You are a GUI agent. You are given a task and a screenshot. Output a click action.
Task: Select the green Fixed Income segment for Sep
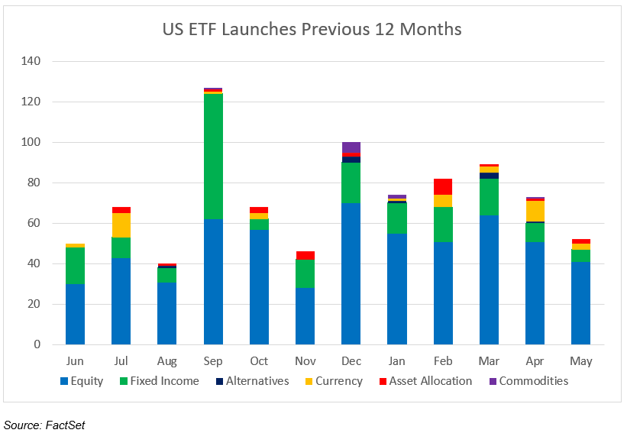coord(213,157)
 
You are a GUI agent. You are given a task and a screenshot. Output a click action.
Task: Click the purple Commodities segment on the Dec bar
coord(351,147)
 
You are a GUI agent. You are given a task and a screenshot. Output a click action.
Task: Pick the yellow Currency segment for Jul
coord(121,225)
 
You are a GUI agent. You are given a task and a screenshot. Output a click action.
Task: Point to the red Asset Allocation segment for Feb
coord(443,186)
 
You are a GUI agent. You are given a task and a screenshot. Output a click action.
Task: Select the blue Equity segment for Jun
coord(75,314)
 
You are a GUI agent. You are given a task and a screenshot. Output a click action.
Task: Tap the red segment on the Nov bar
coord(305,255)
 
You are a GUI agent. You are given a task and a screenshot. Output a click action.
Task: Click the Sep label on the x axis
coord(213,361)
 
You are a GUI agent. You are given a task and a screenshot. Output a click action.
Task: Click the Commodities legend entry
coord(533,381)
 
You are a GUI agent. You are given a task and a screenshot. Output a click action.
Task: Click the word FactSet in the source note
coord(66,425)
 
